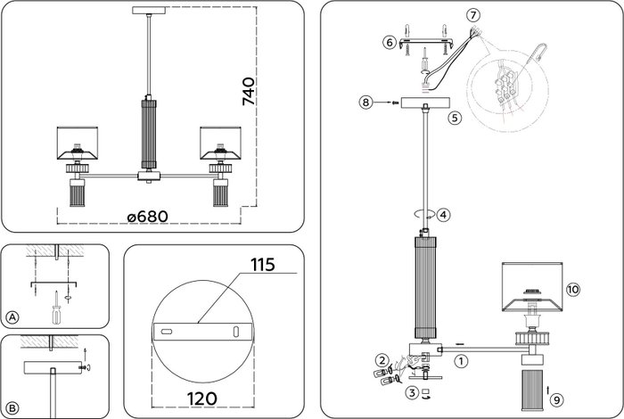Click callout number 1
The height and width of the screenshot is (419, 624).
click(x=460, y=361)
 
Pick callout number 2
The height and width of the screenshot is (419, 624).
click(x=381, y=359)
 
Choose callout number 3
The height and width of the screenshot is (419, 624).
click(x=411, y=391)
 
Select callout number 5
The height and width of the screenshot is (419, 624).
click(x=454, y=117)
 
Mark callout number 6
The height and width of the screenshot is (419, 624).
click(x=390, y=42)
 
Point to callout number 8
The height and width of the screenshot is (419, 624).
click(x=365, y=103)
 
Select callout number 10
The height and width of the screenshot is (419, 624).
click(x=572, y=290)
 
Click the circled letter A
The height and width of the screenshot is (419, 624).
click(x=12, y=317)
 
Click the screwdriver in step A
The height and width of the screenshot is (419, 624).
click(x=55, y=308)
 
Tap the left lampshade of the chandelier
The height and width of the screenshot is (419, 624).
click(x=76, y=141)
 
